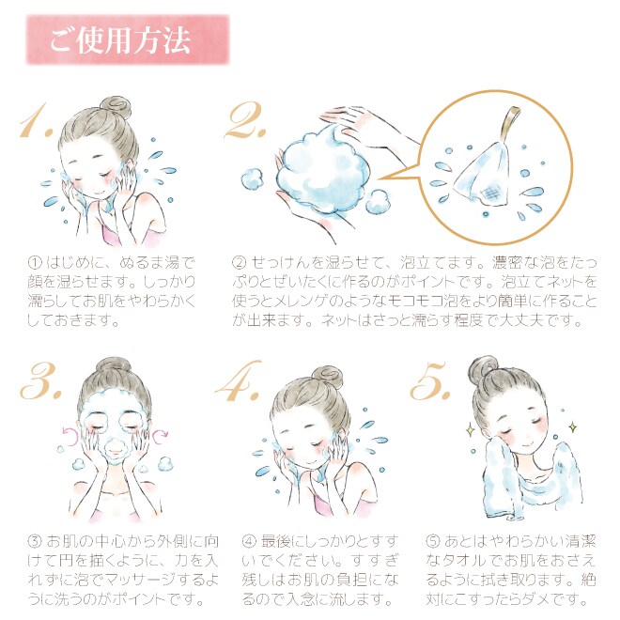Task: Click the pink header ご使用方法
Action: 128,40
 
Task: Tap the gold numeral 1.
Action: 37,121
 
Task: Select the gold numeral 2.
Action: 245,120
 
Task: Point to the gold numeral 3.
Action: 40,381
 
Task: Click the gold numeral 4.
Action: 239,380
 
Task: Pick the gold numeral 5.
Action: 430,380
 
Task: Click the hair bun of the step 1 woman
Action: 116,107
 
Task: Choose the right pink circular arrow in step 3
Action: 161,436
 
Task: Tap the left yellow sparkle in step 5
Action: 471,429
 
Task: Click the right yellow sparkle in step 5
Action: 572,427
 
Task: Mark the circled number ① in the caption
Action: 35,262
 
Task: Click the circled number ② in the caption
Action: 240,262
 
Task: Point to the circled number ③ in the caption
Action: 35,540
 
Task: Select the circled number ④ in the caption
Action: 249,540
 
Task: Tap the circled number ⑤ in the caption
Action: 433,540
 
